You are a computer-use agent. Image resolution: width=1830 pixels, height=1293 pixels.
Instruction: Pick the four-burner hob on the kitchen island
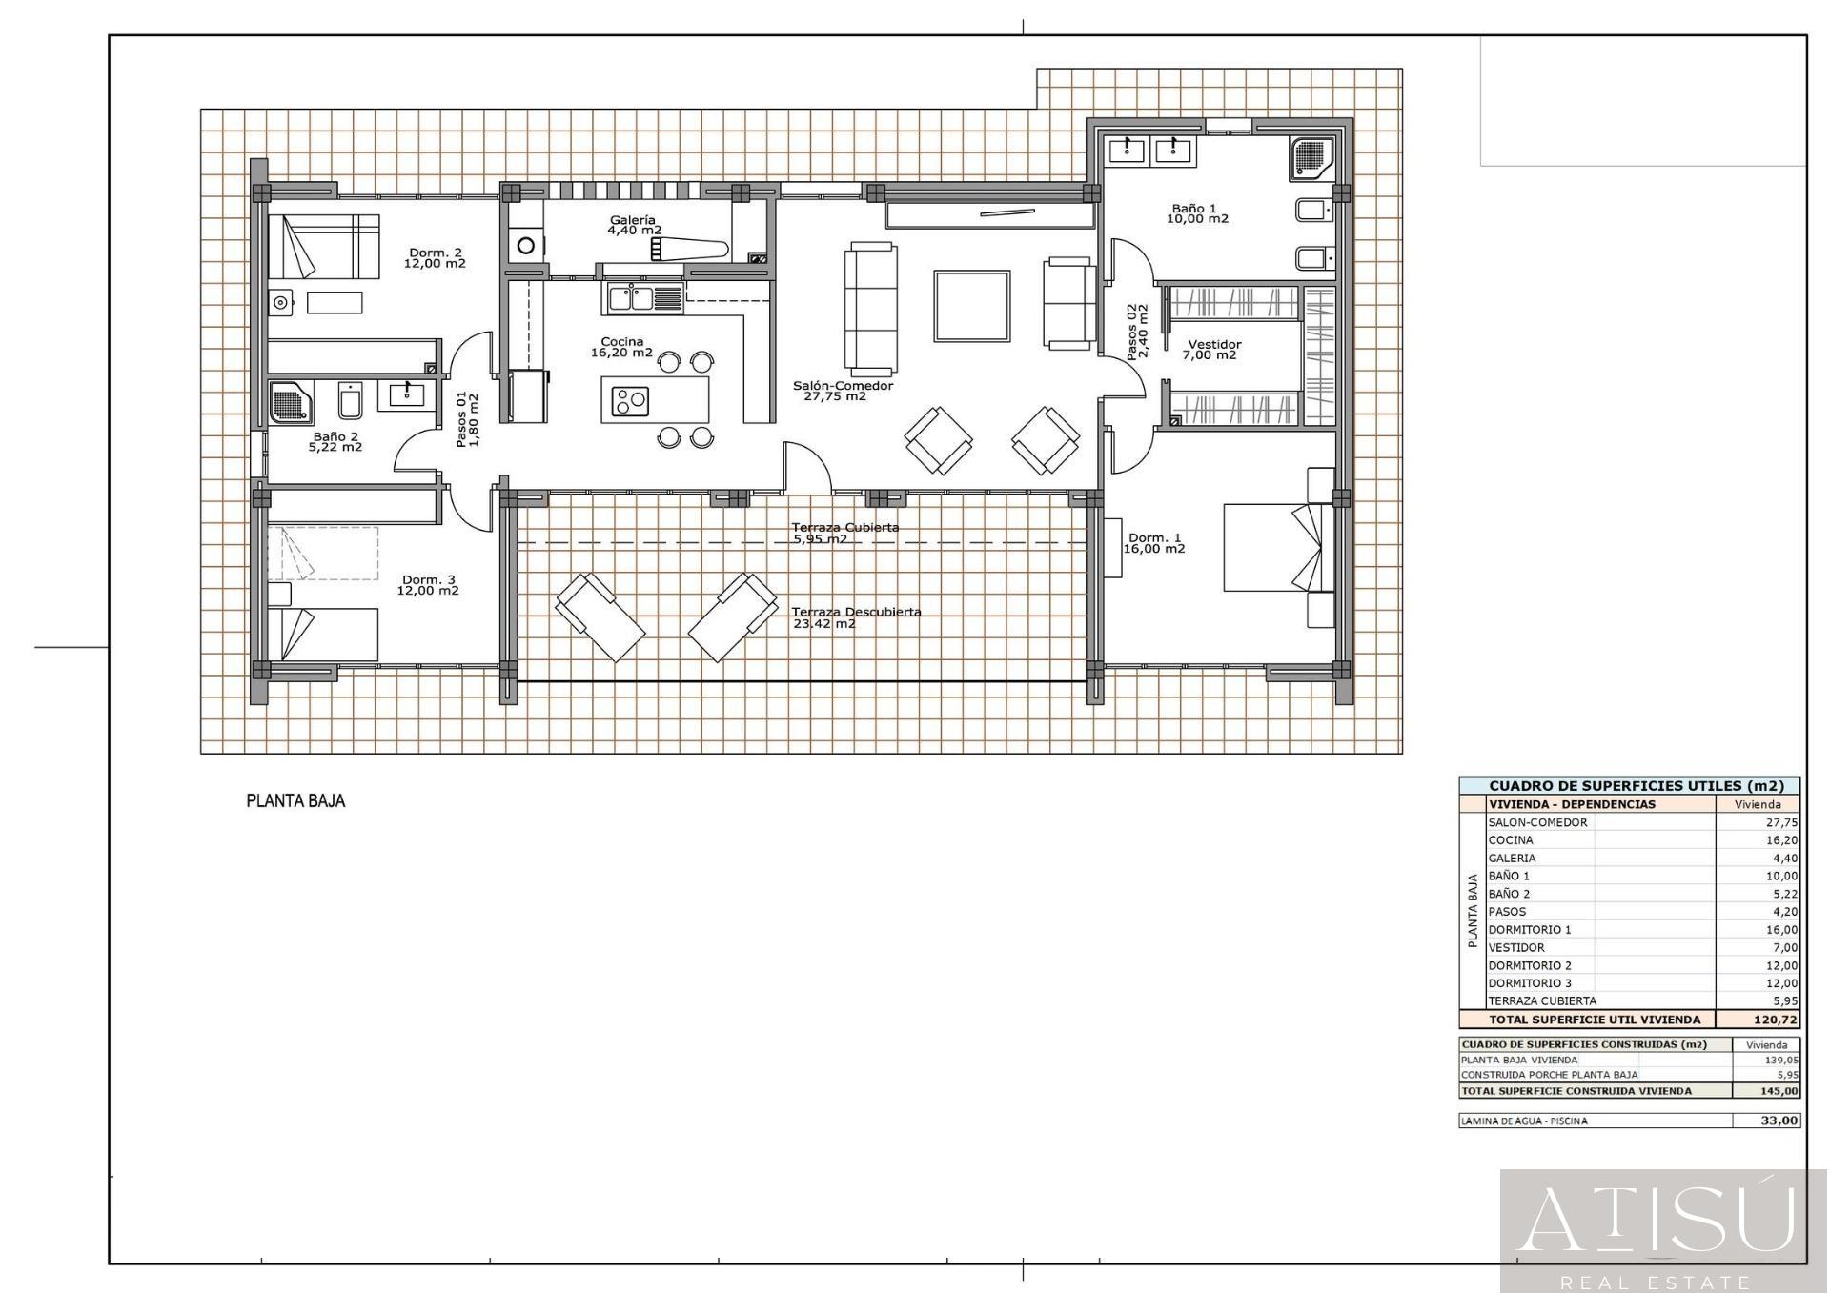[x=630, y=400]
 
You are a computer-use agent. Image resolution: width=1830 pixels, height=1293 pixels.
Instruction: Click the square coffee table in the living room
[x=972, y=306]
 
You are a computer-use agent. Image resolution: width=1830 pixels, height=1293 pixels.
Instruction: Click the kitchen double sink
[x=629, y=298]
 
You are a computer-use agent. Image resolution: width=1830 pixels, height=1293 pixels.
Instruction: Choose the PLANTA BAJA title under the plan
[x=295, y=801]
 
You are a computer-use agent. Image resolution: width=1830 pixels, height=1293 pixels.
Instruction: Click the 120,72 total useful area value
[x=1779, y=1020]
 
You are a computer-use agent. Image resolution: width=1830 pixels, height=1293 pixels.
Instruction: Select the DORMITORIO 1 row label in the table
[x=1530, y=930]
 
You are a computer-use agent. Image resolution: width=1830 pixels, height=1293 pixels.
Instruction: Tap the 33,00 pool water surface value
[x=1780, y=1121]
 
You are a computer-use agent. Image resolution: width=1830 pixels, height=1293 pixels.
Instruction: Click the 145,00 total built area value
[x=1780, y=1091]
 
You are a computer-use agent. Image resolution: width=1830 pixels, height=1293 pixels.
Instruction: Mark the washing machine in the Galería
[x=525, y=246]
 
